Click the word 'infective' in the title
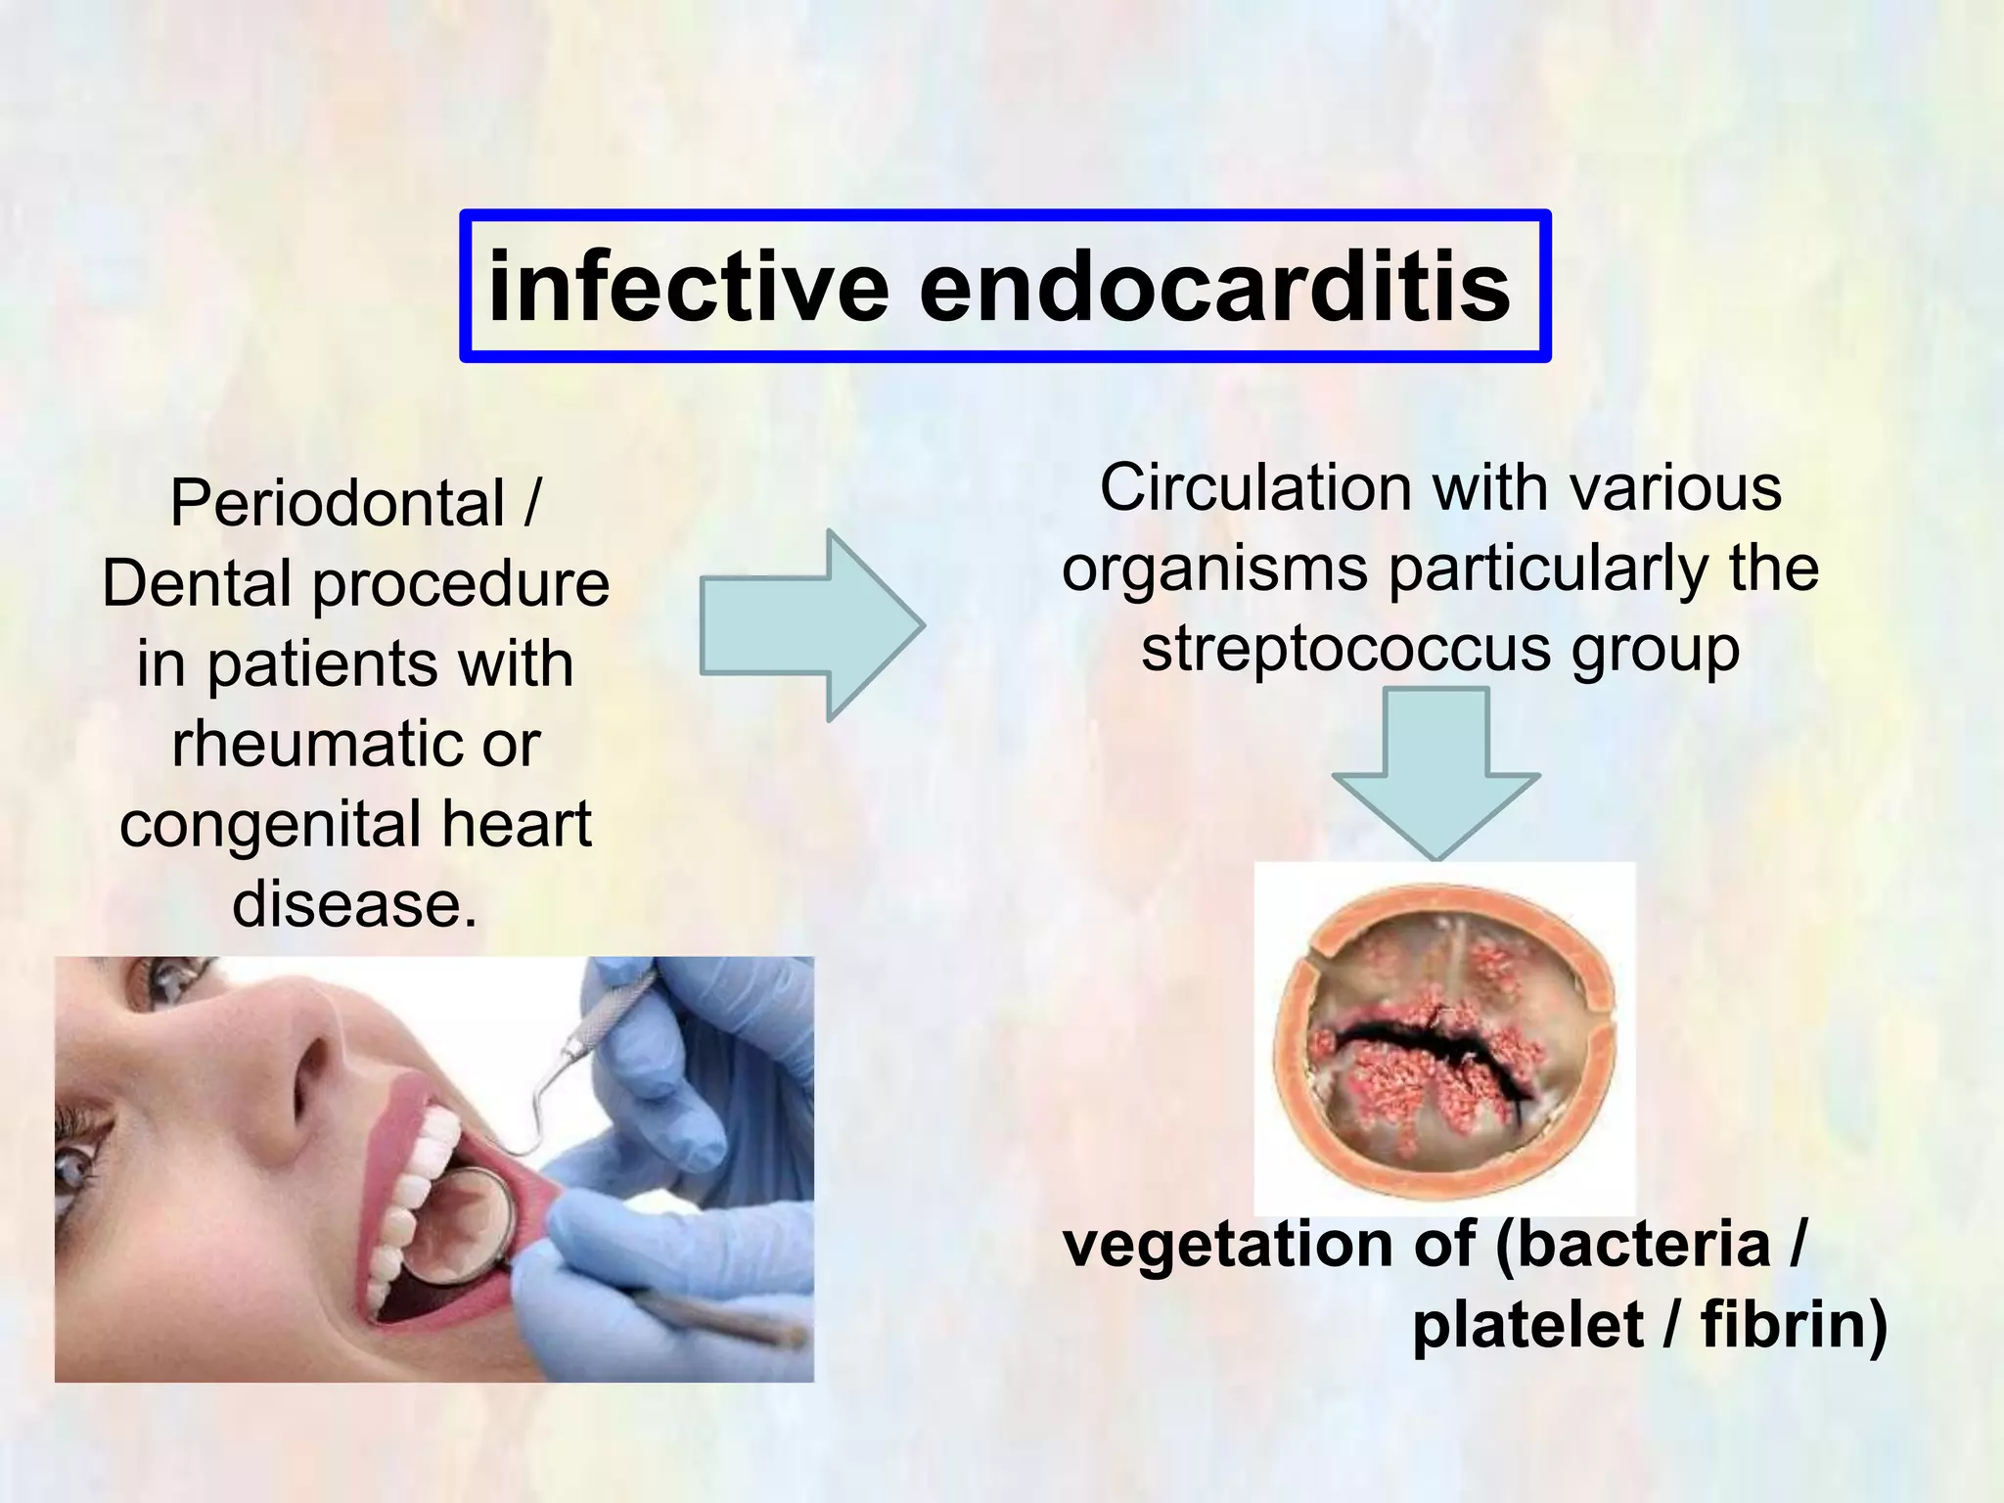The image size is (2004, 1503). (688, 287)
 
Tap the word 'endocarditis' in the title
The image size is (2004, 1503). (1214, 287)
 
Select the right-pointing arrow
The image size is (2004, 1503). (812, 626)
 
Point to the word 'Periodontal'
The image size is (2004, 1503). (338, 504)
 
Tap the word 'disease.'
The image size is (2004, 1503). (355, 903)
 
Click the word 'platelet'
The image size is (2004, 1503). (1527, 1325)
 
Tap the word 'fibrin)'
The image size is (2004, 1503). (1794, 1325)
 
